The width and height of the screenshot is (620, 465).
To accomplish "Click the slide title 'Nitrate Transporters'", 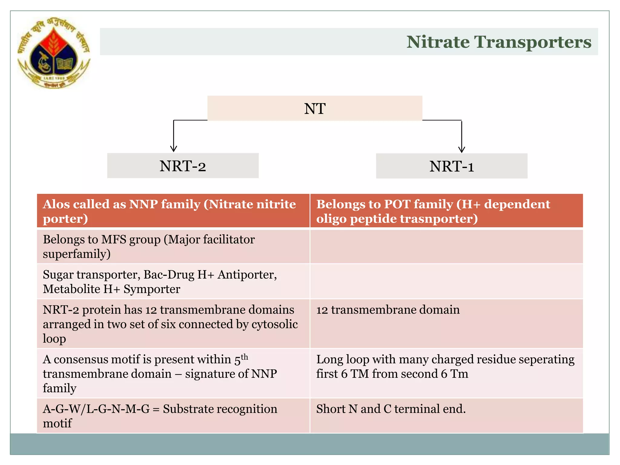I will (498, 42).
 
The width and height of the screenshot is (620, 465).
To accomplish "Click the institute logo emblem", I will (54, 53).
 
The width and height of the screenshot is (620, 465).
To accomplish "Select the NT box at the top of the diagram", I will (315, 108).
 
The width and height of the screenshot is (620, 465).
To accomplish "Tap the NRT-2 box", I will (183, 166).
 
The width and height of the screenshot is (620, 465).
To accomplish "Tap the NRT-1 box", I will (451, 166).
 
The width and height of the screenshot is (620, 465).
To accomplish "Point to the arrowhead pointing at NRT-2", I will (173, 149).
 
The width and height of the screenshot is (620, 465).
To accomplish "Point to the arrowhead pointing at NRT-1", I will (461, 150).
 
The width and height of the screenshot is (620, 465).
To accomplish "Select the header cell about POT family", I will (446, 211).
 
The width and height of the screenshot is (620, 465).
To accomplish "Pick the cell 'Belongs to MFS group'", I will (173, 246).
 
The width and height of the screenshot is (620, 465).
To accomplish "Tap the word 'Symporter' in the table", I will (152, 289).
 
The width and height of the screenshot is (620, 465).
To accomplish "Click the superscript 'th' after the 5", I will (244, 357).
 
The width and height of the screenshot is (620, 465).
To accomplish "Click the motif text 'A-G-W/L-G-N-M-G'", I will (96, 409).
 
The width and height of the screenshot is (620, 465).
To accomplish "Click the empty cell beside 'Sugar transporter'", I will (446, 282).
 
